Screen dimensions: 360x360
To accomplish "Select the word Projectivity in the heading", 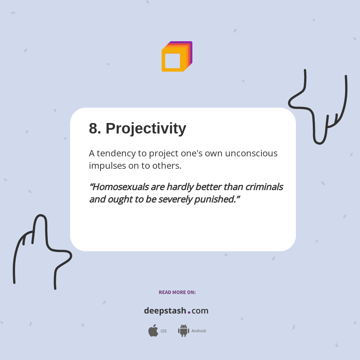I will coord(146,129).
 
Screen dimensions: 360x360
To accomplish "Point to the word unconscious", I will coord(251,153).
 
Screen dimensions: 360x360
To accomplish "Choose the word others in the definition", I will coord(166,165).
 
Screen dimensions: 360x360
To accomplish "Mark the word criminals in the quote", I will coord(264,187).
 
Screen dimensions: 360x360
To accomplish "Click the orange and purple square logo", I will coord(177,57).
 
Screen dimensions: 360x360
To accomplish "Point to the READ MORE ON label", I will coord(177,292).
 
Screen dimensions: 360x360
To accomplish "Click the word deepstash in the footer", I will coord(165,311).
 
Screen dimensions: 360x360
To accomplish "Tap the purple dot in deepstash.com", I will coord(189,312).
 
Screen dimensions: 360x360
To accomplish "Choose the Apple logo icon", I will coord(153,331).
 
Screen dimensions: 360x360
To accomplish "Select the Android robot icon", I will coord(183,331).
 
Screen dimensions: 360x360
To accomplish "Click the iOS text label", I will coord(163,331).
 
